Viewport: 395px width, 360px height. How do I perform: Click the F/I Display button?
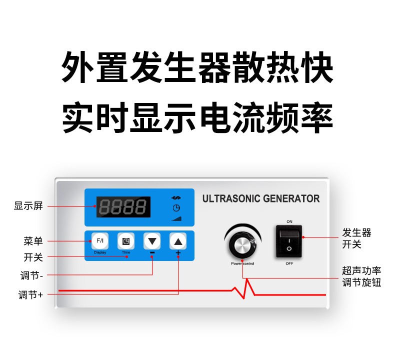point(100,241)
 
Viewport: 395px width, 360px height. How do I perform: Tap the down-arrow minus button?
point(152,241)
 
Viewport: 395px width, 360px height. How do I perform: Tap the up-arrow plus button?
point(178,241)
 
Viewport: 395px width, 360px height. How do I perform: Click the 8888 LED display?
point(123,207)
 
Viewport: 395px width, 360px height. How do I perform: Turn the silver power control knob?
point(242,244)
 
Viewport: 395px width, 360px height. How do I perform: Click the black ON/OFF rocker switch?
point(289,241)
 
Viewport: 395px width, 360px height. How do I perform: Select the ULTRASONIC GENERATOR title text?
point(261,198)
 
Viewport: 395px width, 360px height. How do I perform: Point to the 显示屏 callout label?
point(28,206)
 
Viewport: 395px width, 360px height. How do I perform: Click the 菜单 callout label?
point(33,241)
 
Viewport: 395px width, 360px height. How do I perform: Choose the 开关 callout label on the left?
point(33,257)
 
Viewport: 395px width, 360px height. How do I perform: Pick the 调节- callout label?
point(31,275)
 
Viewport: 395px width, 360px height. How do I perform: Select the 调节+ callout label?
point(30,294)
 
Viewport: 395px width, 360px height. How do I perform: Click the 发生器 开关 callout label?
point(356,238)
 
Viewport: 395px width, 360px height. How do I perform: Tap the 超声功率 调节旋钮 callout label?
point(361,276)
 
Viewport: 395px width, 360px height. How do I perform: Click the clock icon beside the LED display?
point(176,208)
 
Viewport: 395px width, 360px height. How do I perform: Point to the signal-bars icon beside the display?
point(176,218)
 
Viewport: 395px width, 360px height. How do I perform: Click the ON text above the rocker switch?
point(289,221)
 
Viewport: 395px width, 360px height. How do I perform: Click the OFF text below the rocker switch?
point(289,263)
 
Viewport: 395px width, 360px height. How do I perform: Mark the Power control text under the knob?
point(242,263)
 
